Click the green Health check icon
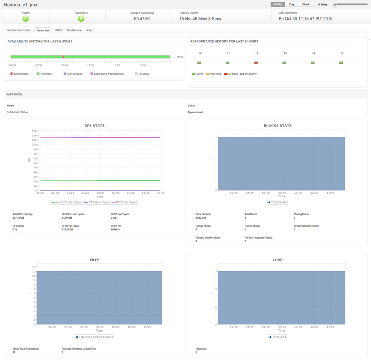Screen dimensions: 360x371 [x=25, y=19]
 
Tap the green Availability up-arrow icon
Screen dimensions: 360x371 [x=81, y=19]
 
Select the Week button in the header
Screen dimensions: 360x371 [x=306, y=5]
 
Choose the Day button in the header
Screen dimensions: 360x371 [x=291, y=5]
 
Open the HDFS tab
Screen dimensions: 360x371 [x=59, y=30]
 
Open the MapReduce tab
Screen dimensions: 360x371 [x=74, y=30]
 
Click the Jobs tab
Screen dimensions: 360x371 [x=89, y=30]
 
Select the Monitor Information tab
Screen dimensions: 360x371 [x=19, y=30]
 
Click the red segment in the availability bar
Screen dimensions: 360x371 [x=63, y=57]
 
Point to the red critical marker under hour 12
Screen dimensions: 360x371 [x=256, y=63]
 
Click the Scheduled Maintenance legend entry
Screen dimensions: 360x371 [x=109, y=74]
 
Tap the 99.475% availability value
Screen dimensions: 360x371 [x=142, y=19]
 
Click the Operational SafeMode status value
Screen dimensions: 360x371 [x=195, y=113]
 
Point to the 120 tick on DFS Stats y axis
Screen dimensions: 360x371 [x=34, y=135]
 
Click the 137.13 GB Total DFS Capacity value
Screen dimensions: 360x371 [x=18, y=218]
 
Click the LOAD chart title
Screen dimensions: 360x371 [x=277, y=260]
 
